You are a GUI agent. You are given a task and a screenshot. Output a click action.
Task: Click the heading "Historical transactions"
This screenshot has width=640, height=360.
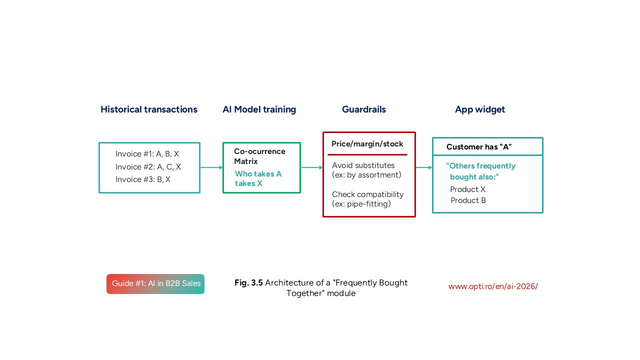(x=149, y=109)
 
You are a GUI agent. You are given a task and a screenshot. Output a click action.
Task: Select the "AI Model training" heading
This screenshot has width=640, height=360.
(x=259, y=109)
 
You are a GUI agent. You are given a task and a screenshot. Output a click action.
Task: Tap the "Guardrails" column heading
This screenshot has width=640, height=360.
(x=364, y=109)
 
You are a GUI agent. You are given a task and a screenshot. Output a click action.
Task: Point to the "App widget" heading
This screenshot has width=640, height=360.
(x=480, y=109)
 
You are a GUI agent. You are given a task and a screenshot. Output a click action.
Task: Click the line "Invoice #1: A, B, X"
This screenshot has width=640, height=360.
(x=147, y=154)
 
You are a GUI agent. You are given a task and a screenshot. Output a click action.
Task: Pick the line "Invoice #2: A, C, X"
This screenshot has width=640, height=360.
(x=148, y=167)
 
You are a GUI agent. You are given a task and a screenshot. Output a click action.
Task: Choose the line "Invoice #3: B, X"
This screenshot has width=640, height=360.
(x=143, y=179)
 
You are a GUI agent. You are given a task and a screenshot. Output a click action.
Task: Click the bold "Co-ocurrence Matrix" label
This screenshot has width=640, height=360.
(x=259, y=156)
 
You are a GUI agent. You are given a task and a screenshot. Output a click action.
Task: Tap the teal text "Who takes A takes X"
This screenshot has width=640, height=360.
(x=258, y=178)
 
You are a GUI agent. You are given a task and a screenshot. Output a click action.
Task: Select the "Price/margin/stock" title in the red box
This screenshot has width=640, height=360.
(x=367, y=144)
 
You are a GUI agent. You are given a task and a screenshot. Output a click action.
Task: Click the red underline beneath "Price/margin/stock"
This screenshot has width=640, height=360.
(x=367, y=155)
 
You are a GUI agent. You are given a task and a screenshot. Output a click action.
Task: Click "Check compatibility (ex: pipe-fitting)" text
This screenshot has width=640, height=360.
(x=367, y=199)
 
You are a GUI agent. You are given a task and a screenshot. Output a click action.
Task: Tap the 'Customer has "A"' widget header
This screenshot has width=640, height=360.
(x=479, y=147)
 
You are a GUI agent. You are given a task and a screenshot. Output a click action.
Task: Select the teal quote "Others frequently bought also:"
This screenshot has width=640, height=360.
(x=480, y=171)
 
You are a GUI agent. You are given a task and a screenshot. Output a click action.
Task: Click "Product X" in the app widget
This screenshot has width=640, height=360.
(x=467, y=189)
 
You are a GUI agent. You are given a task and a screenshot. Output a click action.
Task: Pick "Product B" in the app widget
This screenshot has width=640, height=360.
(x=468, y=200)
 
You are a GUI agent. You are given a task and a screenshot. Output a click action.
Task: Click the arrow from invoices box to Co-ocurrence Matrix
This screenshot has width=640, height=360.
(x=211, y=167)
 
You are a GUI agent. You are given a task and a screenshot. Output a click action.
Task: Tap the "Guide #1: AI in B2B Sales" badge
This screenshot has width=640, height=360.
(x=155, y=284)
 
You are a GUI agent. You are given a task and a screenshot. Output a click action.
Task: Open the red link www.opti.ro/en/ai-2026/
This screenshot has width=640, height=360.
(x=493, y=286)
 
